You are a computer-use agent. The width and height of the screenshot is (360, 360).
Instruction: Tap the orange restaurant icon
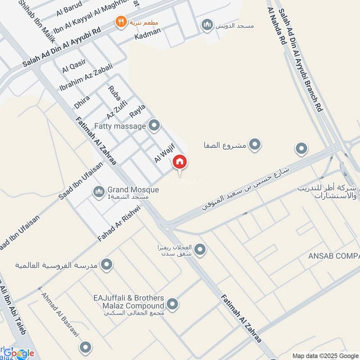(x=121, y=22)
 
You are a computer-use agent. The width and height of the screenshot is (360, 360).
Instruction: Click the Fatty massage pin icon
(x=154, y=126)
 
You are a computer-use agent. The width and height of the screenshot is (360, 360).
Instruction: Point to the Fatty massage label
(x=120, y=126)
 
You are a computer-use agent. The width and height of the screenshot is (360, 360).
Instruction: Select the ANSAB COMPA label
(x=333, y=256)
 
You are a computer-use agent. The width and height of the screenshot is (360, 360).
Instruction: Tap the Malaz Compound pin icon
(x=173, y=305)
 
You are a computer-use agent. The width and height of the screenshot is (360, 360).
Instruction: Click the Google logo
(x=19, y=353)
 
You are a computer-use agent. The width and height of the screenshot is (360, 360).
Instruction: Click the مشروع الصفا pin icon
(x=255, y=145)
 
